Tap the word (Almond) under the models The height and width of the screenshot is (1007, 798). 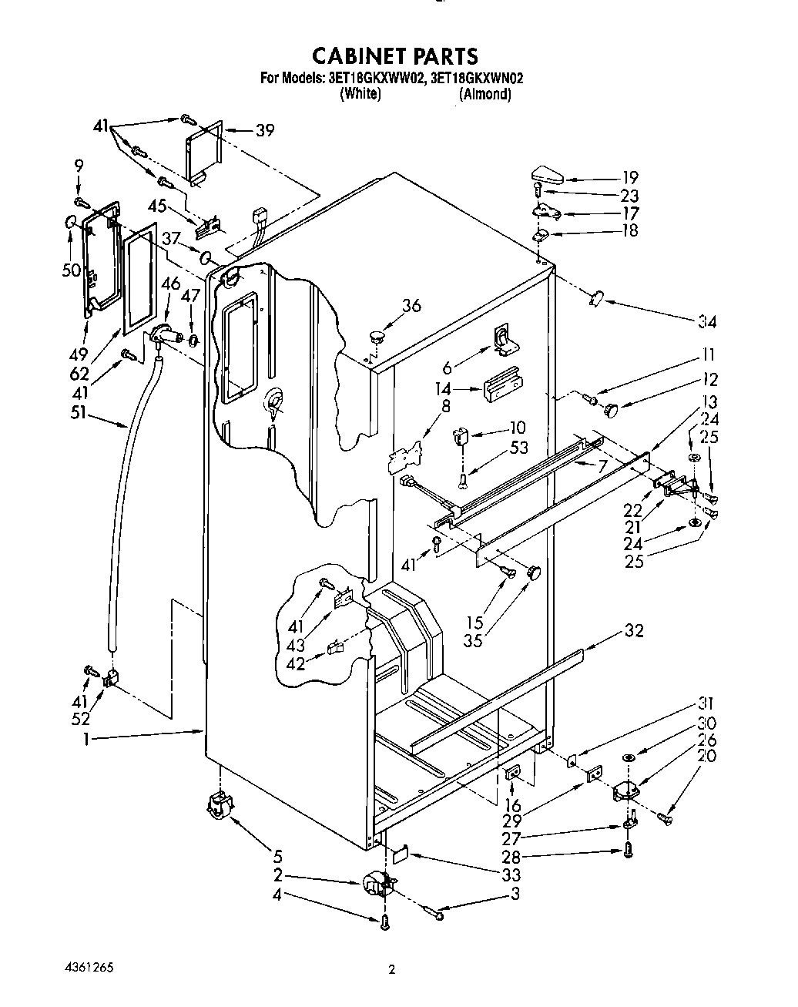(x=484, y=94)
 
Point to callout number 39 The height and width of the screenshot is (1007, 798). (x=265, y=130)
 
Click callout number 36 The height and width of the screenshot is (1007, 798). (x=412, y=306)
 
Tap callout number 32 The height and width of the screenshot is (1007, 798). (x=633, y=630)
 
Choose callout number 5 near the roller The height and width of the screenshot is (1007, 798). (x=277, y=855)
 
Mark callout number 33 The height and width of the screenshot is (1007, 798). (x=510, y=874)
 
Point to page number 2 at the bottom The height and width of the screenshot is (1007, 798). (x=392, y=970)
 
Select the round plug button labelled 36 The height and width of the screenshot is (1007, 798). (x=376, y=334)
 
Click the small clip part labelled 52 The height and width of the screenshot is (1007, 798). (x=110, y=679)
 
